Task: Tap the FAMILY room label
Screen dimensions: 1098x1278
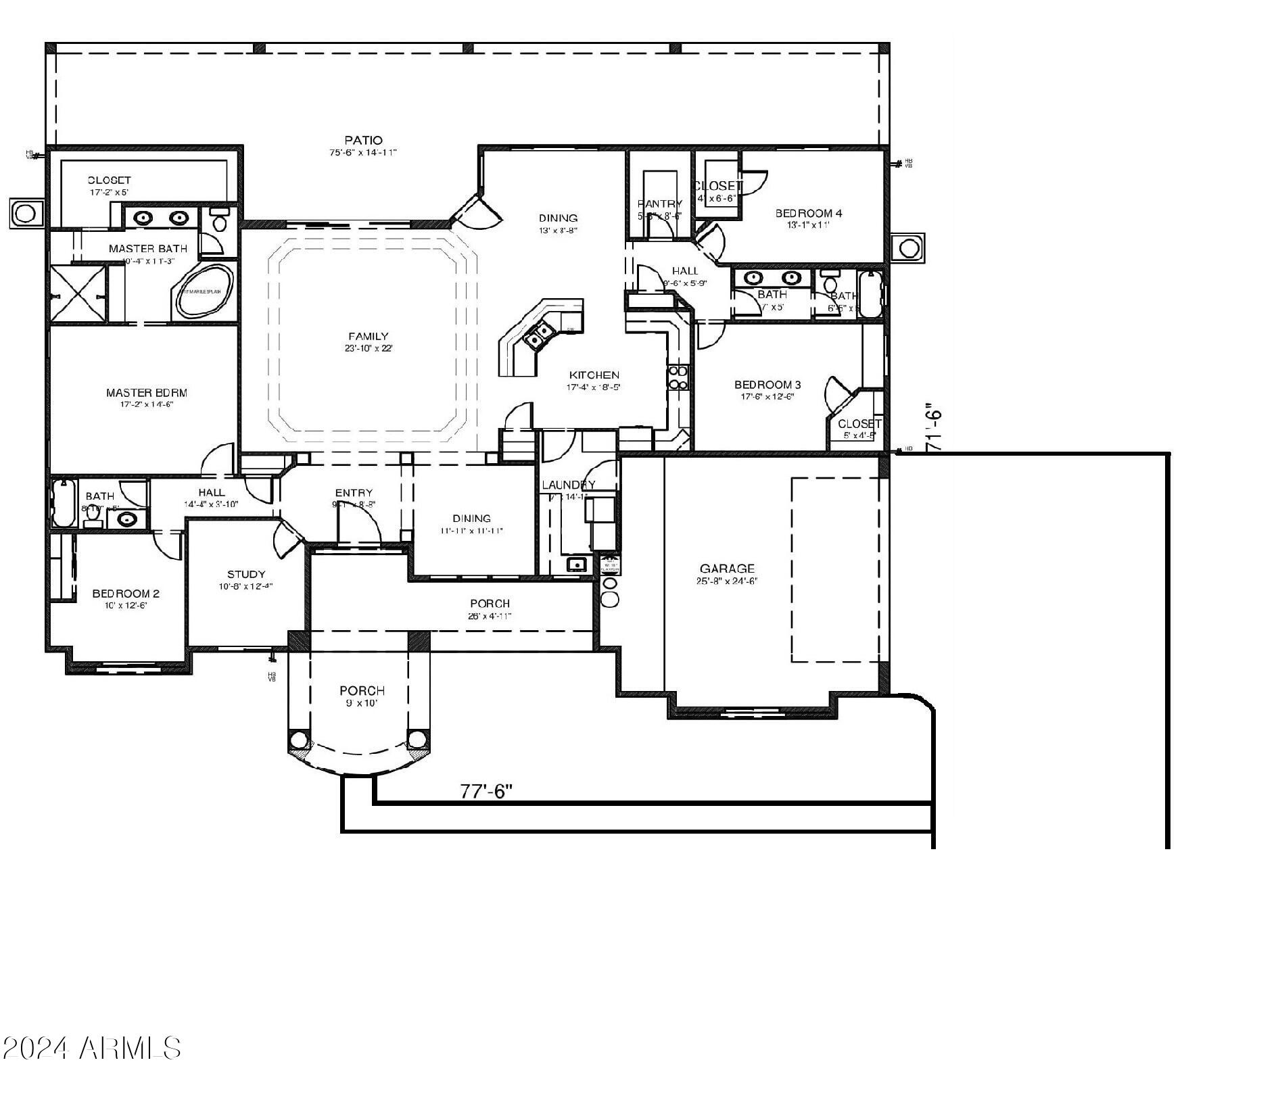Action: (x=369, y=336)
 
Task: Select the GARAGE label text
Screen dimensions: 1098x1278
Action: (x=727, y=569)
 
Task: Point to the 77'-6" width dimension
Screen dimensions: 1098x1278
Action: (x=486, y=791)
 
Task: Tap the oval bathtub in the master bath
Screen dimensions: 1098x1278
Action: (x=204, y=291)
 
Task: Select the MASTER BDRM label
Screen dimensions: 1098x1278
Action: (x=147, y=392)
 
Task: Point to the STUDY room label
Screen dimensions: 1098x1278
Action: (x=246, y=574)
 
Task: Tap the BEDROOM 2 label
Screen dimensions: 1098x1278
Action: (x=126, y=594)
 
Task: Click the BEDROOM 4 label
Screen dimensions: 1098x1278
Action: (x=809, y=213)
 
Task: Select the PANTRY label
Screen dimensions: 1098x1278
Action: (x=660, y=204)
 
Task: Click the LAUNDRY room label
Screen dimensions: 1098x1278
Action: (x=569, y=485)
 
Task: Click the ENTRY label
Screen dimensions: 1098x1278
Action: (x=354, y=493)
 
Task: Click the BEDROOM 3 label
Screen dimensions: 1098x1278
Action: (x=767, y=385)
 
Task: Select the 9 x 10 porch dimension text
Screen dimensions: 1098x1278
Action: (x=362, y=703)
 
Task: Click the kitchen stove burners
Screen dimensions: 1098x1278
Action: (x=678, y=377)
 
